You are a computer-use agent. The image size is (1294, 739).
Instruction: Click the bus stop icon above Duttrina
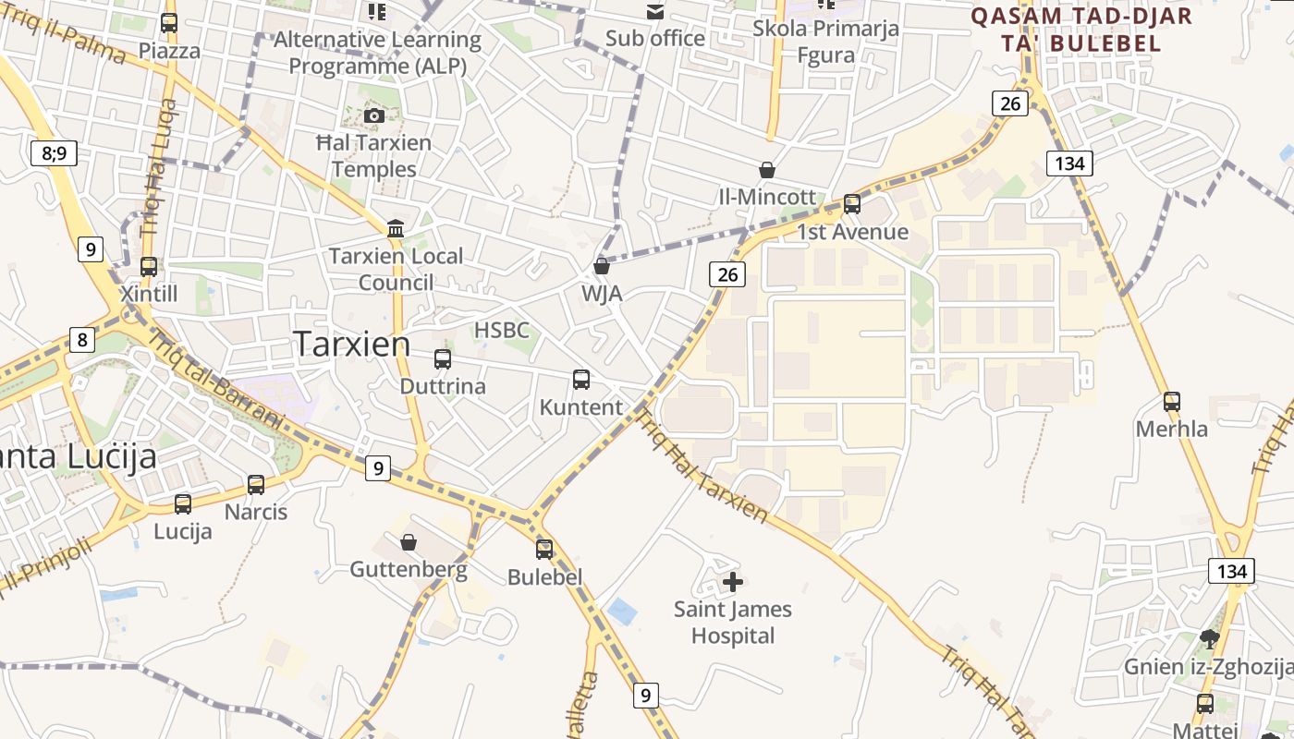click(x=443, y=359)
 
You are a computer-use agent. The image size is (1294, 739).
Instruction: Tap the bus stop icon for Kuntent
click(x=581, y=379)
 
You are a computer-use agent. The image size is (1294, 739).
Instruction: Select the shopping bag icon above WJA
click(x=602, y=266)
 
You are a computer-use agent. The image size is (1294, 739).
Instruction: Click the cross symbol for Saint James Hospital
click(x=733, y=581)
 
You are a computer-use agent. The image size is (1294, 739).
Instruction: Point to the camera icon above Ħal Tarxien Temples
click(x=374, y=115)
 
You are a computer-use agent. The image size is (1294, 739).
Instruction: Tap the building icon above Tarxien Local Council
click(x=397, y=228)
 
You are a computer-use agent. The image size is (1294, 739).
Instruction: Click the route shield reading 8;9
click(x=55, y=152)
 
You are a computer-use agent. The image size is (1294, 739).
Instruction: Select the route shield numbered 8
click(x=82, y=340)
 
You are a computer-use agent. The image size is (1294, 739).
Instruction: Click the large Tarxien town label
click(x=352, y=344)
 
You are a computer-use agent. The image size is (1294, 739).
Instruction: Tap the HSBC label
click(x=502, y=330)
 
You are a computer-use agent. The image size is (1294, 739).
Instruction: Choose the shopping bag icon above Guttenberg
click(x=409, y=542)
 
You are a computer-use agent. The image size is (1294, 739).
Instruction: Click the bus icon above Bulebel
click(x=544, y=549)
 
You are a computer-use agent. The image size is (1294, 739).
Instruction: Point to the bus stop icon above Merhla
click(x=1172, y=401)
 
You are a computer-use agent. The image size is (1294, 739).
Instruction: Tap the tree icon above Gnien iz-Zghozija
click(x=1209, y=638)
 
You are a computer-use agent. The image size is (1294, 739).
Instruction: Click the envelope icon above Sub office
click(x=655, y=12)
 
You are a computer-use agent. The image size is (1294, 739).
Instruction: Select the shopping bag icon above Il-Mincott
click(x=767, y=170)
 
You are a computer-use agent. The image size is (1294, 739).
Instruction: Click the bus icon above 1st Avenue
click(x=852, y=204)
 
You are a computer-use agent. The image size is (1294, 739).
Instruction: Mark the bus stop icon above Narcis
click(x=256, y=484)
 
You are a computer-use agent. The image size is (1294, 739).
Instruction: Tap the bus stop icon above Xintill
click(x=149, y=266)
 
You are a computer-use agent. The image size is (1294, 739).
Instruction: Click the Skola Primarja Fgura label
click(x=825, y=42)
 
